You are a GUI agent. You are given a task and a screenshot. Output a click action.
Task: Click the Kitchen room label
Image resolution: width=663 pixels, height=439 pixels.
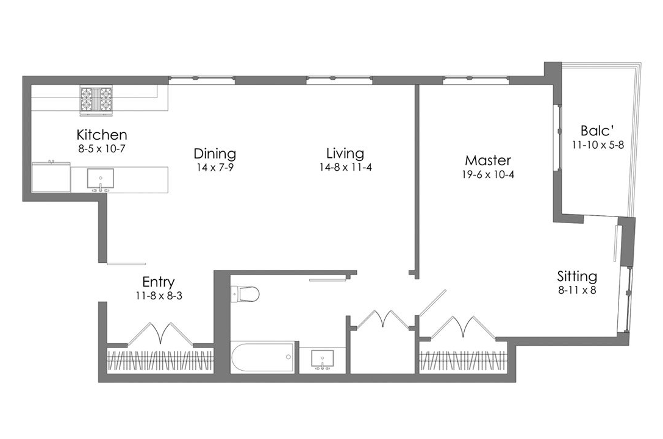click(x=101, y=135)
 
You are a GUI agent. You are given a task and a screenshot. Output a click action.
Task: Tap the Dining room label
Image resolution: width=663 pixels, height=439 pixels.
click(x=215, y=153)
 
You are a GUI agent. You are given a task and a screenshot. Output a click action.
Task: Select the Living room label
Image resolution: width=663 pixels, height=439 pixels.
click(x=345, y=153)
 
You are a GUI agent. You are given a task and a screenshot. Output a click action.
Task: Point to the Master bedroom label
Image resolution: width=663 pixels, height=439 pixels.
click(x=487, y=160)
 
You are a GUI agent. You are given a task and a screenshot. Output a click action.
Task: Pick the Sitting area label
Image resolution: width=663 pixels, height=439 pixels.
click(x=577, y=276)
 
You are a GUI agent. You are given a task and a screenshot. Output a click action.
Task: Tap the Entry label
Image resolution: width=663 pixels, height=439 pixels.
click(x=158, y=282)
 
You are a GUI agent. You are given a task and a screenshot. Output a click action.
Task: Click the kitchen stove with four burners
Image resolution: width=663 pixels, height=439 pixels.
click(x=97, y=101)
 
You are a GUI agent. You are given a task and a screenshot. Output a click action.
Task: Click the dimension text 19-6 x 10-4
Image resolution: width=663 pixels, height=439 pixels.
click(x=487, y=175)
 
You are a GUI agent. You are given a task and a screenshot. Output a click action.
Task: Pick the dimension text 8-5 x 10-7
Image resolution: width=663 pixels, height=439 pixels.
click(x=101, y=148)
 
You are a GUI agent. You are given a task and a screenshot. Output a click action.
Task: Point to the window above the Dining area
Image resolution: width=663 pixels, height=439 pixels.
click(x=201, y=79)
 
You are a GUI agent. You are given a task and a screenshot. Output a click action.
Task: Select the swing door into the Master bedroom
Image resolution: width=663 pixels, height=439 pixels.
click(x=432, y=303)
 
